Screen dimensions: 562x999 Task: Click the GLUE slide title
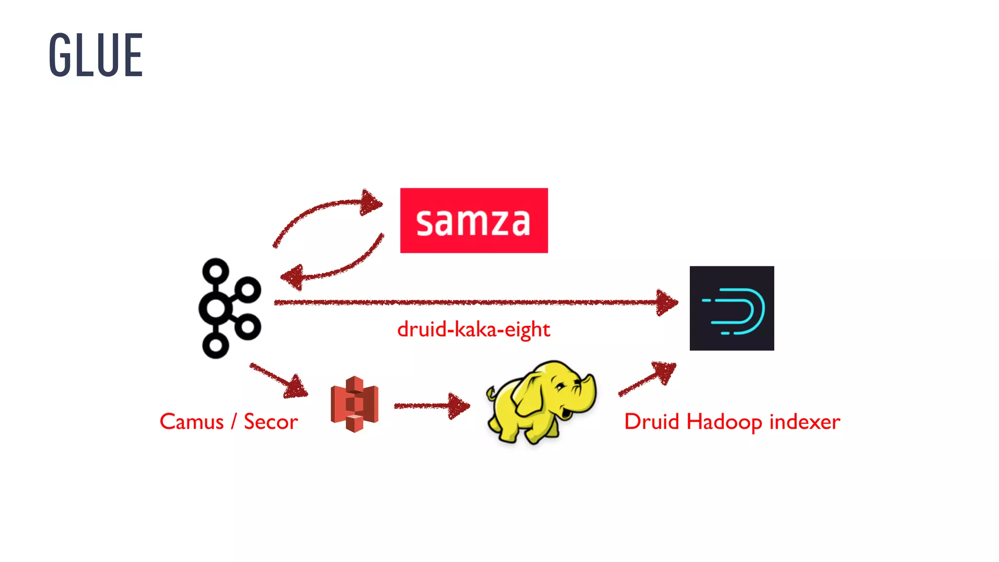click(x=96, y=55)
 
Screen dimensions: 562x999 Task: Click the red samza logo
click(x=474, y=221)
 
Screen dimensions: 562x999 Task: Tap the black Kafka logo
click(x=229, y=308)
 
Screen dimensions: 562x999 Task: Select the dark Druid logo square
click(x=731, y=308)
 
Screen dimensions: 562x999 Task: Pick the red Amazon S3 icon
click(x=355, y=404)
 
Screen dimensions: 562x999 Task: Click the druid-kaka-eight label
click(x=473, y=330)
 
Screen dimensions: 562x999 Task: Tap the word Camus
click(x=192, y=422)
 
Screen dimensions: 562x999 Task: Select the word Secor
click(x=271, y=422)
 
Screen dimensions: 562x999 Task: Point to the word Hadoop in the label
click(x=724, y=422)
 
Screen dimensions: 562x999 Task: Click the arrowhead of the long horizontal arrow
click(x=666, y=302)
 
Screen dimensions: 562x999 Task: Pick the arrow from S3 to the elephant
click(x=432, y=406)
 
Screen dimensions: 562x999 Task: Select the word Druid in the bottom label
click(x=652, y=422)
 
